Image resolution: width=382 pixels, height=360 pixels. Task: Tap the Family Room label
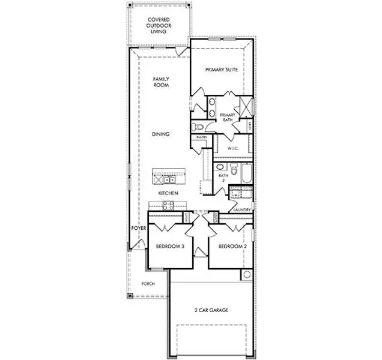point(160,82)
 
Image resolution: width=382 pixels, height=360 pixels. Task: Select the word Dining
point(160,134)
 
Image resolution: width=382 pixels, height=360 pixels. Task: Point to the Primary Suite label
point(222,70)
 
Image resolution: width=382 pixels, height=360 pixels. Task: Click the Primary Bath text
point(227,118)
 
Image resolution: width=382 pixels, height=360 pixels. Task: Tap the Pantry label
point(201,137)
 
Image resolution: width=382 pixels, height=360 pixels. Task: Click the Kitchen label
point(167,194)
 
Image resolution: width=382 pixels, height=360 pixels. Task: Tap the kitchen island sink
point(170,179)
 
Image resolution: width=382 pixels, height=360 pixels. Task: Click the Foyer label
point(139,229)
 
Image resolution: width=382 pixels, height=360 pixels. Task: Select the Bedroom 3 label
point(169,247)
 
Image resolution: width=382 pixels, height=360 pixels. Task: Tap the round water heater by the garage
point(246,275)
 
